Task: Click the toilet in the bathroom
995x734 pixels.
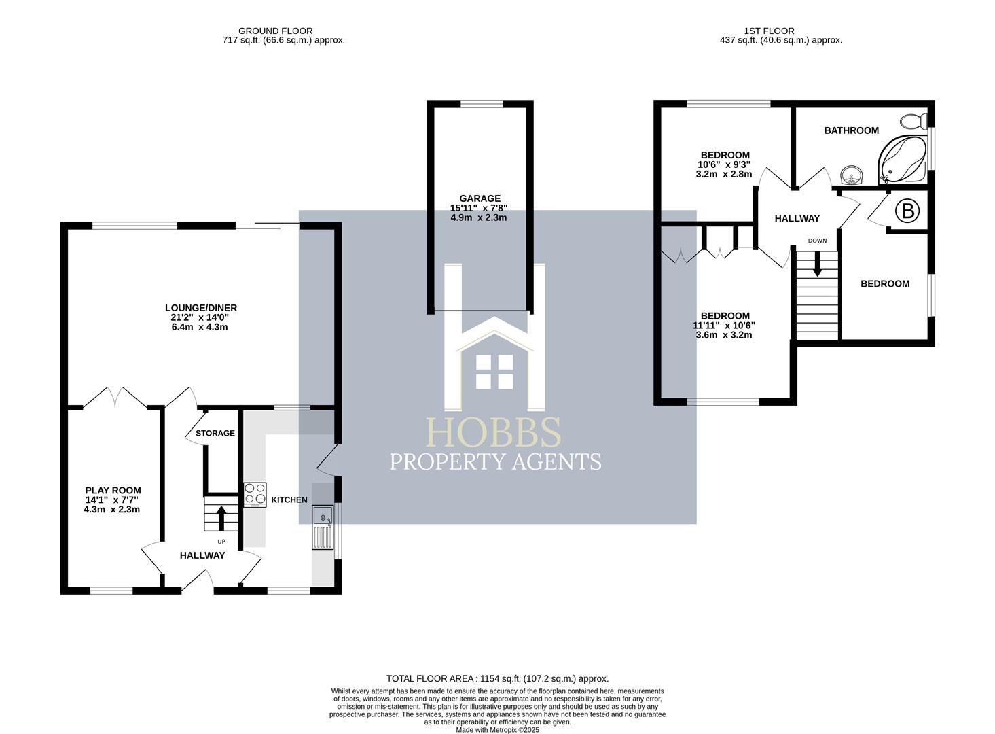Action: (x=913, y=122)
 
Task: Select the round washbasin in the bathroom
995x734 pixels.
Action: (x=850, y=176)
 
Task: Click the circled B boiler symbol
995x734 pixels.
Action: (x=907, y=211)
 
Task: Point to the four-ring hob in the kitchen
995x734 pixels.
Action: (x=255, y=495)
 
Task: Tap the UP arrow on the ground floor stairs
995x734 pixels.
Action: (x=221, y=518)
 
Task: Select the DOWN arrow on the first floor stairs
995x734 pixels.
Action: (x=817, y=263)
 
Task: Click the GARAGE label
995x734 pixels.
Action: (x=480, y=199)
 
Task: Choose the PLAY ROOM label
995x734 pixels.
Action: (x=113, y=490)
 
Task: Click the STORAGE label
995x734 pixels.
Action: (x=215, y=433)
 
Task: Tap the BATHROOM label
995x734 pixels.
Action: (x=851, y=130)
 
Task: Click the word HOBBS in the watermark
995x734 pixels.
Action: (x=494, y=432)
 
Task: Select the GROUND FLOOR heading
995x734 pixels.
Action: (x=275, y=31)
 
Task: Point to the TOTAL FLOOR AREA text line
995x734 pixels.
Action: (x=497, y=678)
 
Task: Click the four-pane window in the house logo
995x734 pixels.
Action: (x=494, y=372)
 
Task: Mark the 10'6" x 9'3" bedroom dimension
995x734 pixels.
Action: (x=724, y=164)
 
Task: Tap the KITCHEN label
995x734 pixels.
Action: (x=289, y=500)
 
